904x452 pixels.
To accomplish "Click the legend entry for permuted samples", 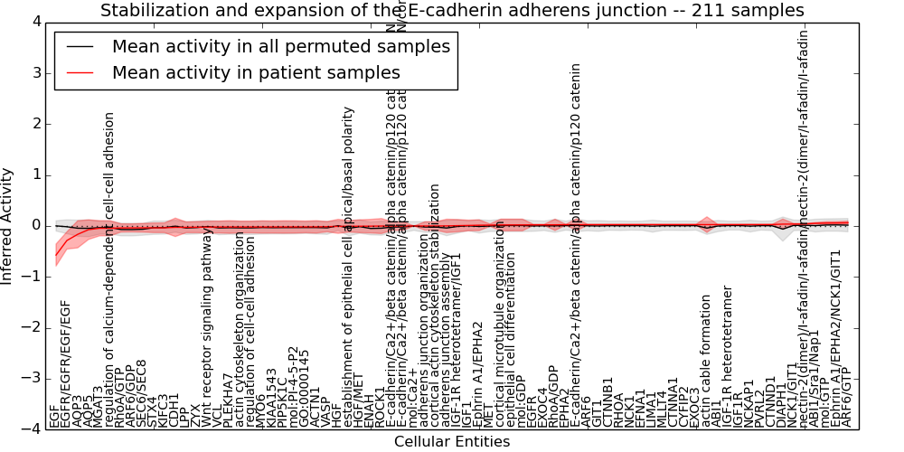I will pos(280,46).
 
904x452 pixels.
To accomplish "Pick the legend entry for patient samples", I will pos(256,72).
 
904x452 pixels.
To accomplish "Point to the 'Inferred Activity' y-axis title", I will pos(8,225).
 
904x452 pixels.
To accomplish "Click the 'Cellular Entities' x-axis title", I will pos(452,441).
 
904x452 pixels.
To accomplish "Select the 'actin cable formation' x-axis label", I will pos(706,362).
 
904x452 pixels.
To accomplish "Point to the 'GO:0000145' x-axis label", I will pos(304,388).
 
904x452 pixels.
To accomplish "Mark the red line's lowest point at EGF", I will pos(55,252).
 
